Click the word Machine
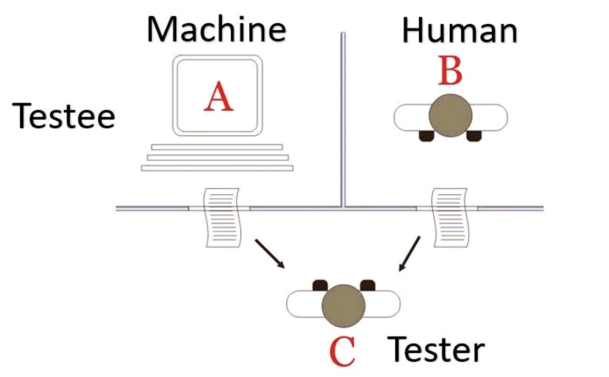216,30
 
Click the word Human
459,31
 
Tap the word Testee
64,115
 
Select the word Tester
436,350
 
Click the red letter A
219,97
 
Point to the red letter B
450,70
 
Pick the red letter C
342,352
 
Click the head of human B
450,115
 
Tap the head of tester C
343,306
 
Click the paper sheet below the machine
222,218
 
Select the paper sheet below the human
450,218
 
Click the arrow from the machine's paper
270,254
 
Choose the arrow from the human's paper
409,254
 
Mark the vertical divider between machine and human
343,120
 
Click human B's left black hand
427,136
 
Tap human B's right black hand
474,136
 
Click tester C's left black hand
320,285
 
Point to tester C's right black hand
367,285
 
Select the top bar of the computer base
217,147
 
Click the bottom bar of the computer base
217,168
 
